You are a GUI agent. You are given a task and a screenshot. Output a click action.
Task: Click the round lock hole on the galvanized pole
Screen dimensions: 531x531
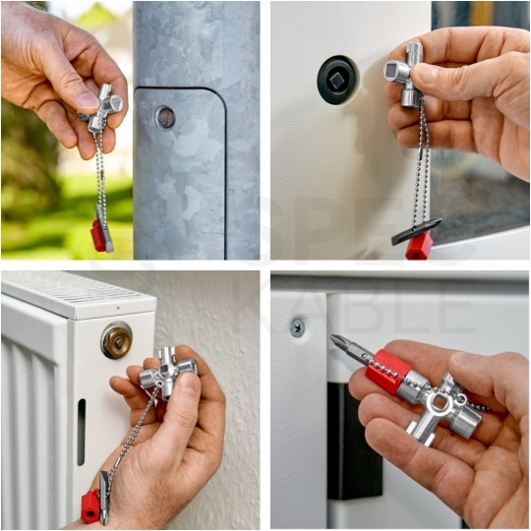[x=165, y=117]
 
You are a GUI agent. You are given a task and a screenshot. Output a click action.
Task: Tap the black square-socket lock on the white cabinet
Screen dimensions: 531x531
[x=336, y=80]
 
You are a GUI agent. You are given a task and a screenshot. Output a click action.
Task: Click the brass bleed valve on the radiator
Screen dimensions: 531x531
[x=116, y=340]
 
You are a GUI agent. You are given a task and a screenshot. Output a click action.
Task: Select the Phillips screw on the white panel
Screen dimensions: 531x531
[x=297, y=328]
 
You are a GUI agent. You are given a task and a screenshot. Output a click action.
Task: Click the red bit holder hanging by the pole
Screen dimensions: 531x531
[x=99, y=235]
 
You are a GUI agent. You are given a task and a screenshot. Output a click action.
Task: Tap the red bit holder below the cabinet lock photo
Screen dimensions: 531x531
[x=419, y=247]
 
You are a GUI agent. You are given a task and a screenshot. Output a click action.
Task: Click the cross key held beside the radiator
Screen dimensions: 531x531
[x=166, y=374]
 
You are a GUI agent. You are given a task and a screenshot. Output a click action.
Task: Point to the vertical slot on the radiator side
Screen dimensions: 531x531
[x=81, y=432]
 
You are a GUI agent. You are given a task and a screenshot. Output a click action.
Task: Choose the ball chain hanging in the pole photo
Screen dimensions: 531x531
[x=100, y=177]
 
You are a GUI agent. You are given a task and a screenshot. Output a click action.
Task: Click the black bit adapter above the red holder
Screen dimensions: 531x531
[x=415, y=229]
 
